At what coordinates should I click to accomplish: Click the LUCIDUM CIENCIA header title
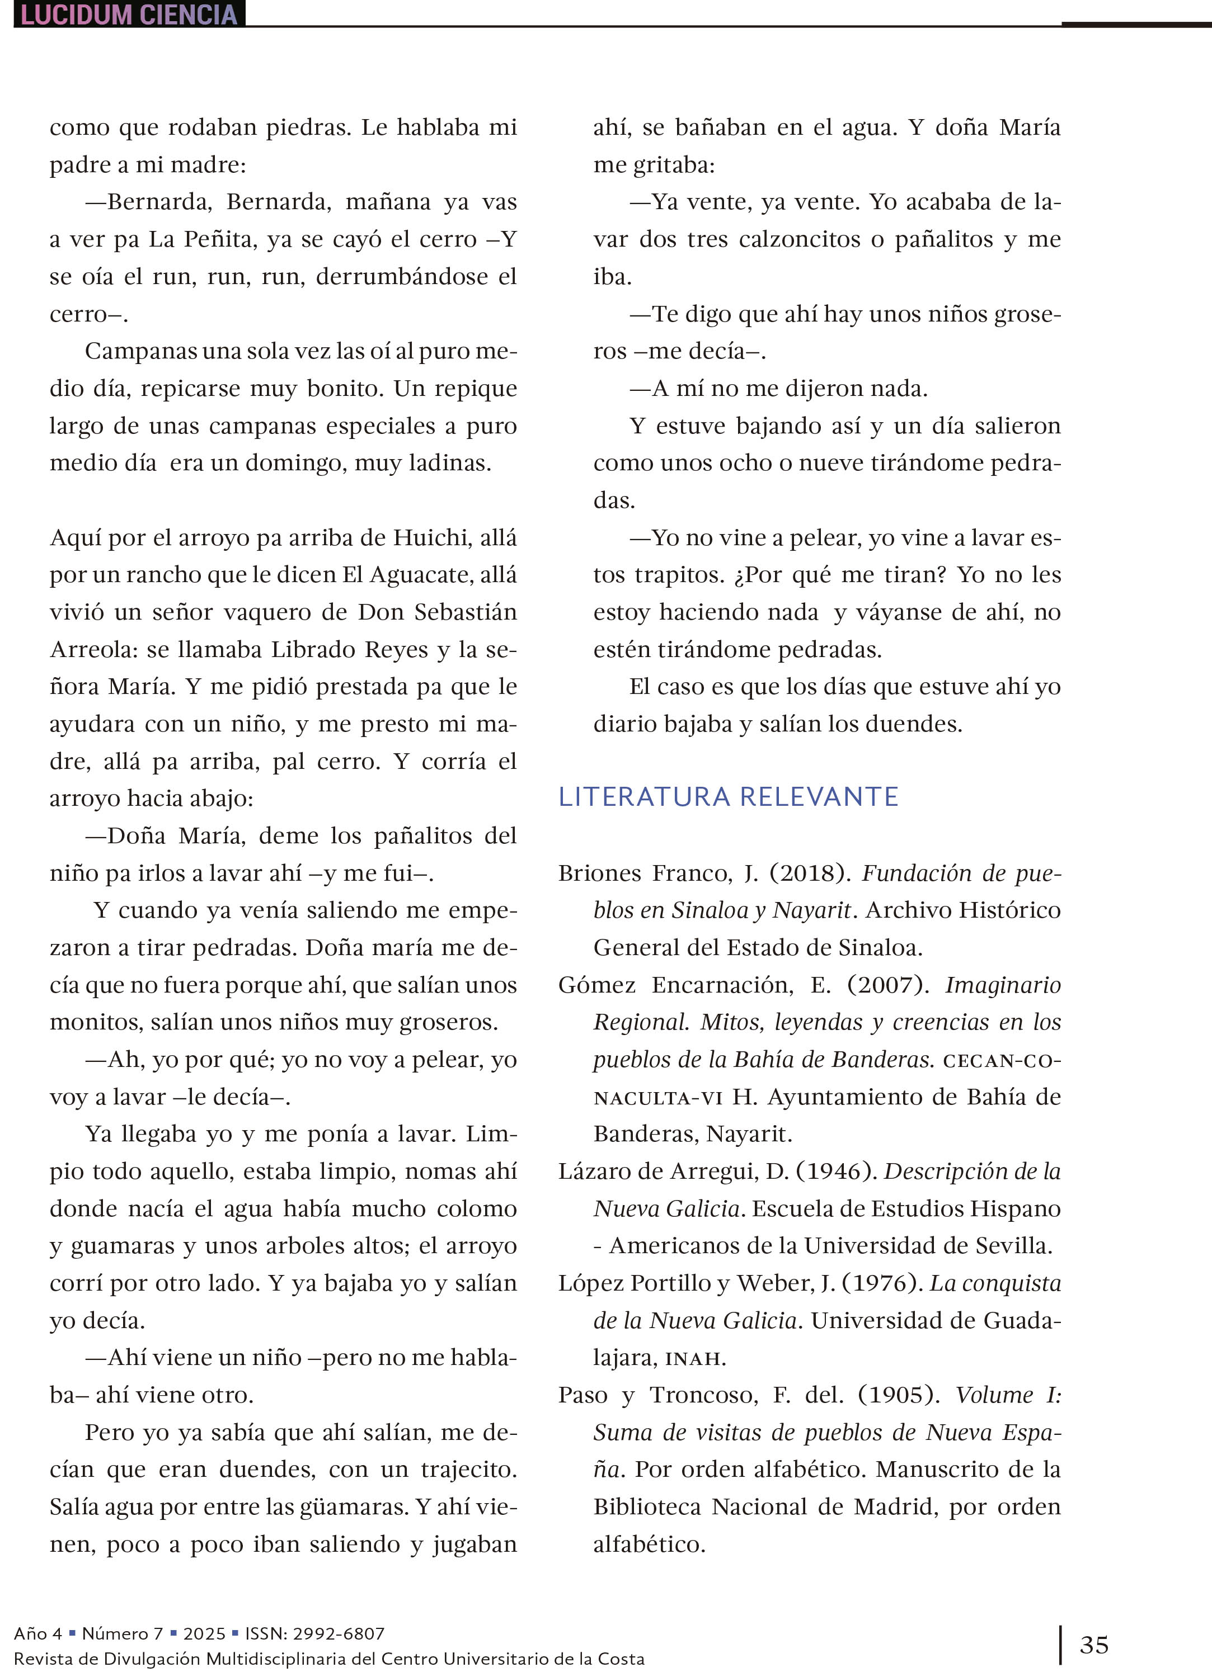(129, 15)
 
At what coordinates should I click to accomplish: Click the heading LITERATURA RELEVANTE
(728, 797)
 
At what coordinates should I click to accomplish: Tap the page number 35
(1094, 1645)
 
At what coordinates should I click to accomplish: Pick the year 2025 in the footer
(204, 1633)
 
